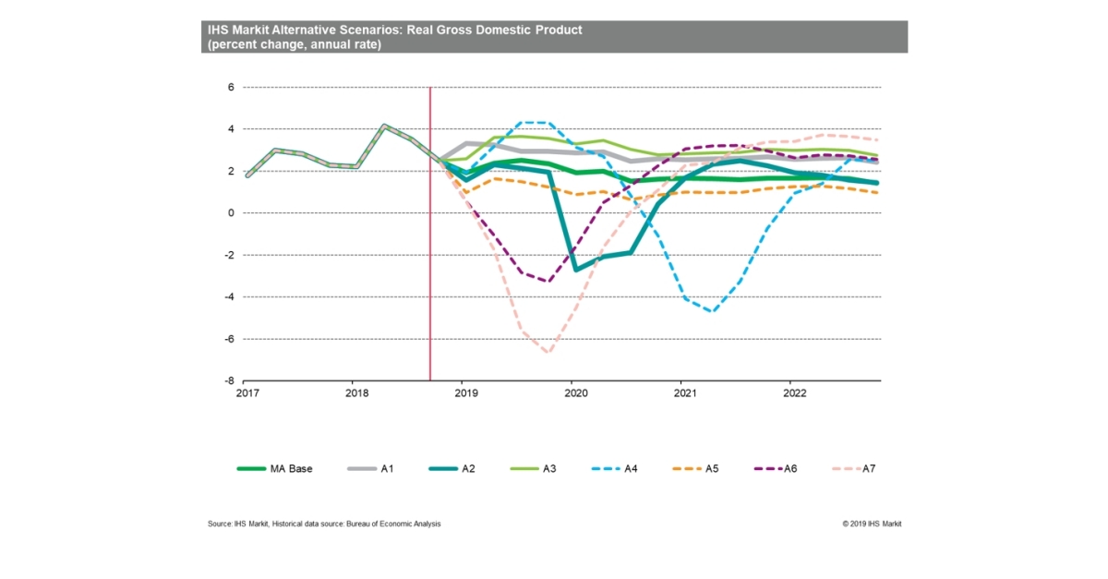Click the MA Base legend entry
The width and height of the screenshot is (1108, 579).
[275, 468]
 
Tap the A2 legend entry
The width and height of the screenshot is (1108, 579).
[459, 468]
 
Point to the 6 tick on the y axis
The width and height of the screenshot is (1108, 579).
[232, 88]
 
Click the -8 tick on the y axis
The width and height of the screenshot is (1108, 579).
[230, 380]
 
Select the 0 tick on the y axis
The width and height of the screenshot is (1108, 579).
[232, 213]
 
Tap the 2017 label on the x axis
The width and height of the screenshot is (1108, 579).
[246, 392]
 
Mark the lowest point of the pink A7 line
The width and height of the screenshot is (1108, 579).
[548, 353]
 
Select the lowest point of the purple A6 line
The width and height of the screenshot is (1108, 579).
[548, 281]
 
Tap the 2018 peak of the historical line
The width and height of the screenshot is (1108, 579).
[385, 126]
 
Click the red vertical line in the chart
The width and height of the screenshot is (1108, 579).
[430, 277]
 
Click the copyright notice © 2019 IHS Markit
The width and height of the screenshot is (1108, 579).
[872, 524]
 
